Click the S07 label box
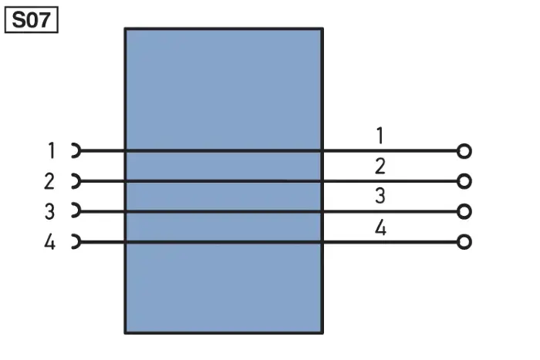(32, 20)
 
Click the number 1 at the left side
(52, 151)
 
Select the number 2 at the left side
(49, 181)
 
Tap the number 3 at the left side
(49, 211)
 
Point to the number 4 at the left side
(49, 241)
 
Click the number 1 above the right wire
(380, 136)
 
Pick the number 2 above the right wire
(380, 167)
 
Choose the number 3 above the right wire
(380, 196)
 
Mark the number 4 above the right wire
(380, 227)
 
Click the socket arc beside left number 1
(79, 151)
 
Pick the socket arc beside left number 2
(79, 181)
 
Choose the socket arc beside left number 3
(79, 211)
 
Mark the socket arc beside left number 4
(79, 241)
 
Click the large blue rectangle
(224, 86)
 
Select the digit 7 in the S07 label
(45, 20)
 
